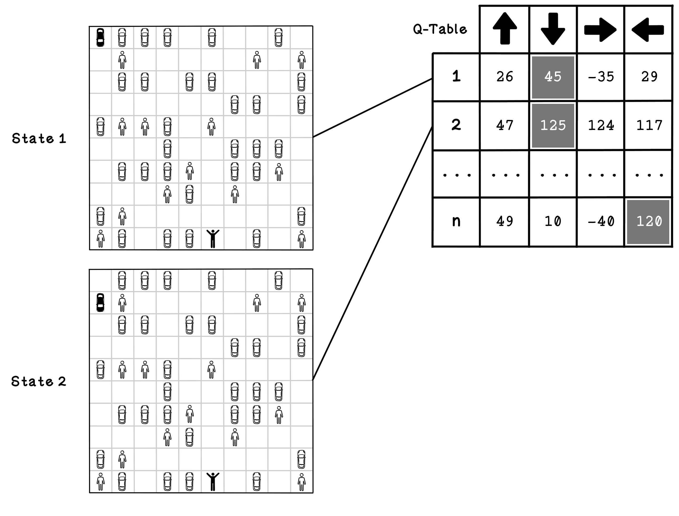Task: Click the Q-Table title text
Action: pyautogui.click(x=440, y=29)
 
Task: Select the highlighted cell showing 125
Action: pyautogui.click(x=553, y=126)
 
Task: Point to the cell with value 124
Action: pyautogui.click(x=601, y=126)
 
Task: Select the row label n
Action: pyautogui.click(x=456, y=221)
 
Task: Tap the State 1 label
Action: pyautogui.click(x=39, y=139)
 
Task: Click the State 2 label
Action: pyautogui.click(x=39, y=382)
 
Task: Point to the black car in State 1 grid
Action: pyautogui.click(x=100, y=37)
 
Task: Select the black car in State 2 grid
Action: pyautogui.click(x=100, y=303)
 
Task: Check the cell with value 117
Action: pyautogui.click(x=649, y=126)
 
